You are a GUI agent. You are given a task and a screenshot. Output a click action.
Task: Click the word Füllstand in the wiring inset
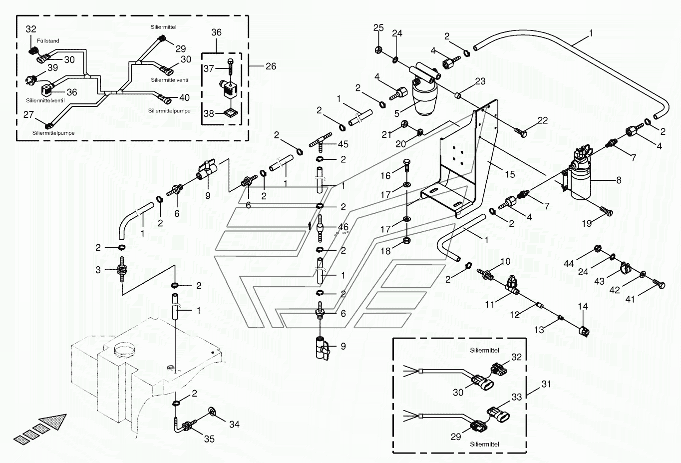(48, 41)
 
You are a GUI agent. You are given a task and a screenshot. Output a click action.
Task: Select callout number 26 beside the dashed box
(271, 66)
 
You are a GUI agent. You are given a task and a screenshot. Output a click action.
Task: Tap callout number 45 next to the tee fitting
(343, 144)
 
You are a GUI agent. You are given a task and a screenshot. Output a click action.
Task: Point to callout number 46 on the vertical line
(343, 227)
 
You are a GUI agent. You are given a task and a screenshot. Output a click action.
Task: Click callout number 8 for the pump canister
(619, 180)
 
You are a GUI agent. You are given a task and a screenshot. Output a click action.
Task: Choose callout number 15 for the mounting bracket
(509, 174)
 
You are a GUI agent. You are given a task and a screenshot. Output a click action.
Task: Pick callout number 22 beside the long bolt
(543, 120)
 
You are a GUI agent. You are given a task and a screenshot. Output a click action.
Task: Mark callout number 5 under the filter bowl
(397, 114)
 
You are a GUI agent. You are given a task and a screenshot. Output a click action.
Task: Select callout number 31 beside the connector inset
(546, 384)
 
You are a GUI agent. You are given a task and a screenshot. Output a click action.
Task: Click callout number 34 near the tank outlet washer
(234, 425)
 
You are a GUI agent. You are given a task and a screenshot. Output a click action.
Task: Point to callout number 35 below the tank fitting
(209, 439)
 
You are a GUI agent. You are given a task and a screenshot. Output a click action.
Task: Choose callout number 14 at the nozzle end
(583, 307)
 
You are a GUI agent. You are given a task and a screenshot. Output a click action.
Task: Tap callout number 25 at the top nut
(378, 28)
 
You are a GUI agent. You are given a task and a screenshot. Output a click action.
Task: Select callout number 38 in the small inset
(209, 114)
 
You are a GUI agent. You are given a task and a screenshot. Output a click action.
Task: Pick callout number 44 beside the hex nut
(569, 263)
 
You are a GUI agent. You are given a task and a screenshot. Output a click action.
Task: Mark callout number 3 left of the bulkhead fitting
(98, 270)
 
